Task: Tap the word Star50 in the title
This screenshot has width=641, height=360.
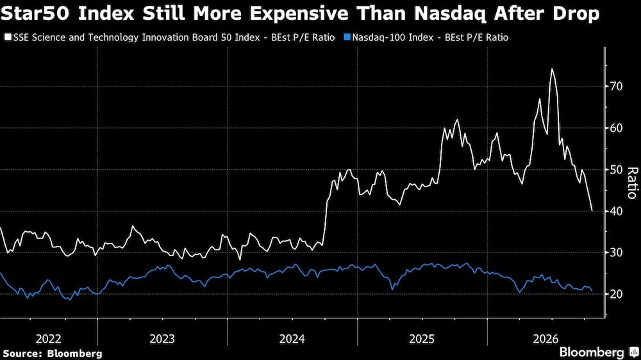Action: (36, 13)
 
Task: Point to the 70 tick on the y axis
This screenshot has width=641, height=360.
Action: (615, 86)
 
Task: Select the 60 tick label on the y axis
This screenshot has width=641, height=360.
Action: (615, 128)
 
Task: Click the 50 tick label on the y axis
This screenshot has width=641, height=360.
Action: (615, 170)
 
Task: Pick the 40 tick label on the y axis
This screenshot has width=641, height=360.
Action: (615, 211)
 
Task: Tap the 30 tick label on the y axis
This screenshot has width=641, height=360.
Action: (615, 252)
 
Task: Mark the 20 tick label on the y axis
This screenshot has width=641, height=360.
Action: (615, 294)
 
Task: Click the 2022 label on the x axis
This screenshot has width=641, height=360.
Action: (49, 339)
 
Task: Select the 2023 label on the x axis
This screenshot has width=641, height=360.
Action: (162, 339)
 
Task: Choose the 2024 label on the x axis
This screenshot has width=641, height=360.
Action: (292, 339)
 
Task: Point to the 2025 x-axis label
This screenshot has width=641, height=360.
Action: (422, 339)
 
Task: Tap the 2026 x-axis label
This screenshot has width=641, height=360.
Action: (545, 339)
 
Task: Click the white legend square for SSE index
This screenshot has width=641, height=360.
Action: (8, 37)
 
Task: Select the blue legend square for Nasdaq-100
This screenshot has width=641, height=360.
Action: (347, 37)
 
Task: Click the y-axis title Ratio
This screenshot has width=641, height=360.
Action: (633, 183)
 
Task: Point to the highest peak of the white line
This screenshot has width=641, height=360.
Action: (552, 69)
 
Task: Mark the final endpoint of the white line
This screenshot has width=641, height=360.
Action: (592, 211)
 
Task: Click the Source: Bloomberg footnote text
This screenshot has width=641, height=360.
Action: (53, 354)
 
